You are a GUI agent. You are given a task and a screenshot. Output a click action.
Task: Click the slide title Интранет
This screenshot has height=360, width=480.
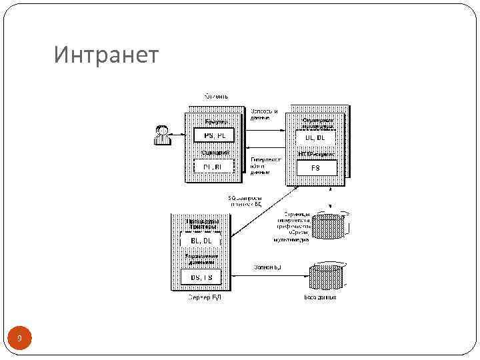107,55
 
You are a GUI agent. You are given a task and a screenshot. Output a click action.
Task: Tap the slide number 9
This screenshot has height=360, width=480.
19,339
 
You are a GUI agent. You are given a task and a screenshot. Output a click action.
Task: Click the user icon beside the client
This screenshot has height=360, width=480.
161,135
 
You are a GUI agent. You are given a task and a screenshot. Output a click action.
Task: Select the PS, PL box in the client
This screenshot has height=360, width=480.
214,136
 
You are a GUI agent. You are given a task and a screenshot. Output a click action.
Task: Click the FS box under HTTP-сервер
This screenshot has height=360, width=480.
315,168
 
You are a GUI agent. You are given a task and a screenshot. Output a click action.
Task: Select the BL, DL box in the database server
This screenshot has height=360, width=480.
201,240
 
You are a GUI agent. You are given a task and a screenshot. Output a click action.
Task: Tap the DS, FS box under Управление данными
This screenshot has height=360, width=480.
201,276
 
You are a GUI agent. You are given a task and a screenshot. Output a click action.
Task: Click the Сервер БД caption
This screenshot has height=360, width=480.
204,297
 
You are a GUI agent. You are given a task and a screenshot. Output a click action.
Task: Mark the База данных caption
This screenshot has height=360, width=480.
320,297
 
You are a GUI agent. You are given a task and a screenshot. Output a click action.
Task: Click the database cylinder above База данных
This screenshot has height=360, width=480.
325,276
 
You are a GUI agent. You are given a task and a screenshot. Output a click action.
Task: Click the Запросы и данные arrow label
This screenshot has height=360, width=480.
264,114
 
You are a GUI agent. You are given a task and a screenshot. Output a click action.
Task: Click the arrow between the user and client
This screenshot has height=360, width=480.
176,135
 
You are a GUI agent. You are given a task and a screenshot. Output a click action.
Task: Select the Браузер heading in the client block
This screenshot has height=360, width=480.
215,122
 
